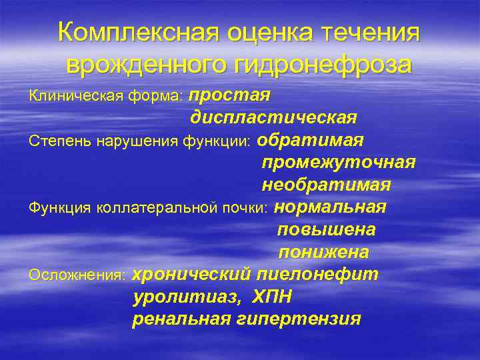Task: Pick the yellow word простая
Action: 231,95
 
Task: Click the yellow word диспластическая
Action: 273,118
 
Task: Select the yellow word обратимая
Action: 310,140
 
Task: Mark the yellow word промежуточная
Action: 339,163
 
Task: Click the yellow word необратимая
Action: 326,185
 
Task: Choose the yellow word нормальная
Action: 330,207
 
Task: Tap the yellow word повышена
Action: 326,230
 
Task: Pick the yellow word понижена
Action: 323,253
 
